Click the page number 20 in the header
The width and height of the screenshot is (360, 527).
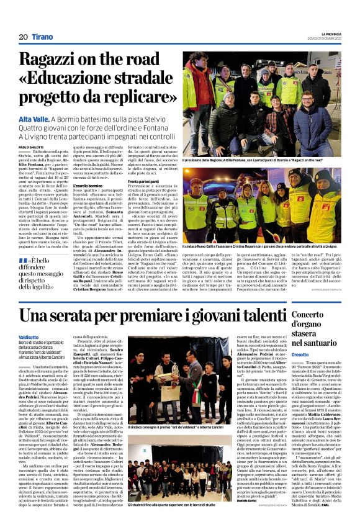(x=23, y=37)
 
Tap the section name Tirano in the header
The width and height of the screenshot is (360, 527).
(x=43, y=37)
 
